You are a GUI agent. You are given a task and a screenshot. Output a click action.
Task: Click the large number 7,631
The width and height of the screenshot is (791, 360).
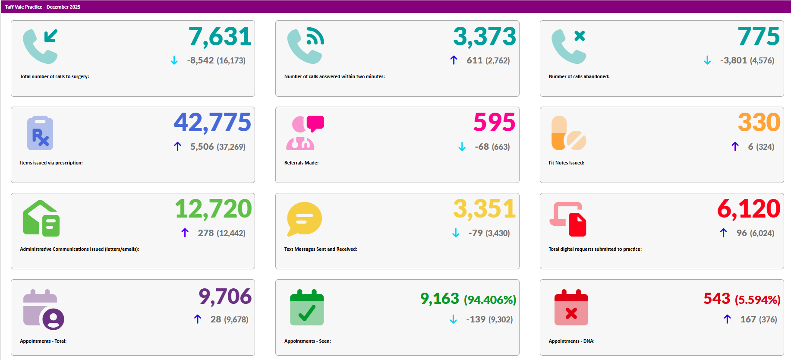pyautogui.click(x=220, y=37)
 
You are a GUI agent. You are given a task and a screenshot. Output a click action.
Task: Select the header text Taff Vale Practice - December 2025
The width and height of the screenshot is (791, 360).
pyautogui.click(x=43, y=7)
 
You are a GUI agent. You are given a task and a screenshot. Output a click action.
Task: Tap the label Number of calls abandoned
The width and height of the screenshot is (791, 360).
pyautogui.click(x=579, y=76)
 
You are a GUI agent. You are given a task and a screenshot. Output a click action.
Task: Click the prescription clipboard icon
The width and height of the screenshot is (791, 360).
pyautogui.click(x=40, y=133)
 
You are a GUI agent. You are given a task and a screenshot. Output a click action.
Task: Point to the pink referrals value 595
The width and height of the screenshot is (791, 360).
pyautogui.click(x=494, y=123)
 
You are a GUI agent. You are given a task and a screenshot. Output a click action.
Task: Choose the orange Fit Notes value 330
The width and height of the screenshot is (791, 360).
pyautogui.click(x=759, y=123)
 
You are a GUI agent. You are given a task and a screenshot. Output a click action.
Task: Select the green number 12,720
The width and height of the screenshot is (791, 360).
pyautogui.click(x=213, y=209)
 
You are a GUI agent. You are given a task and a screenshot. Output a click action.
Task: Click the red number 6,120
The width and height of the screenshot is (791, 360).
pyautogui.click(x=749, y=209)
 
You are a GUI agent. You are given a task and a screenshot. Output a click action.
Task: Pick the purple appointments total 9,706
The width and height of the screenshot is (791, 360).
pyautogui.click(x=225, y=297)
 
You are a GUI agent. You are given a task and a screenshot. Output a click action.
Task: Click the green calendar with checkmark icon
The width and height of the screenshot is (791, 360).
pyautogui.click(x=307, y=308)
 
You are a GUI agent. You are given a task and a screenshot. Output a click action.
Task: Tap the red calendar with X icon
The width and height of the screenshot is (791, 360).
pyautogui.click(x=571, y=308)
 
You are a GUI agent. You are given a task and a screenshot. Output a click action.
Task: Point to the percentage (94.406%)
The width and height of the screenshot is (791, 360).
pyautogui.click(x=490, y=300)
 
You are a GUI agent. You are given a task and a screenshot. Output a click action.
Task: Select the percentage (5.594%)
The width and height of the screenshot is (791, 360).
pyautogui.click(x=757, y=300)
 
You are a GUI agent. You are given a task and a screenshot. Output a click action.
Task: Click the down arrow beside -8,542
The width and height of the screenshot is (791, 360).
pyautogui.click(x=174, y=60)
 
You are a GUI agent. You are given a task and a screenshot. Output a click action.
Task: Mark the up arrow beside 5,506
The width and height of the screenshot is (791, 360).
pyautogui.click(x=177, y=147)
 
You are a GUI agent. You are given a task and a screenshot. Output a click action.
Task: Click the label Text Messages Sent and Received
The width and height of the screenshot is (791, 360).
pyautogui.click(x=321, y=249)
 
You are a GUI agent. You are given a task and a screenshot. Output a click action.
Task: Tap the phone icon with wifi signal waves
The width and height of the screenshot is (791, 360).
pyautogui.click(x=306, y=46)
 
